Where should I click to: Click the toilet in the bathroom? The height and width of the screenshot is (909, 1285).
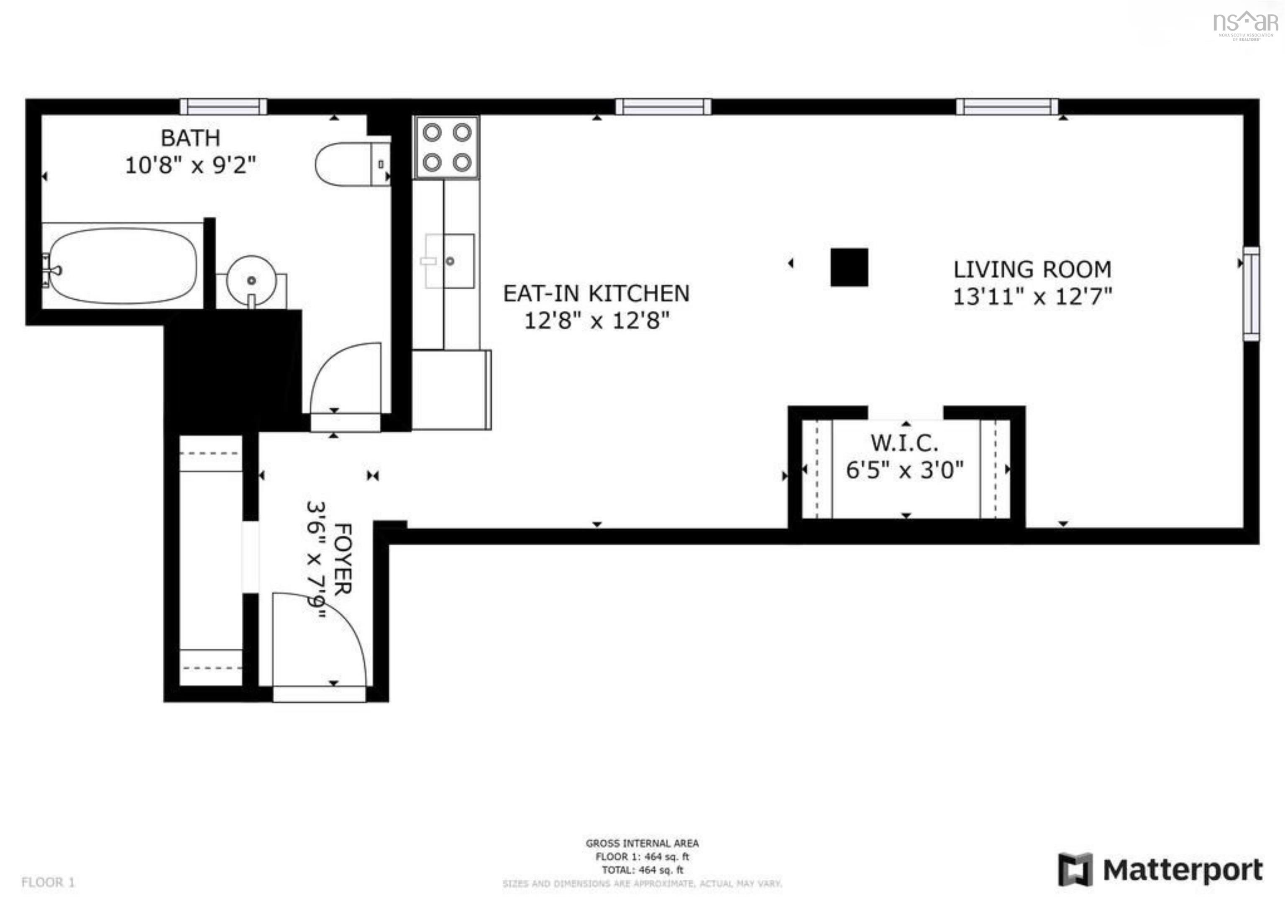(353, 164)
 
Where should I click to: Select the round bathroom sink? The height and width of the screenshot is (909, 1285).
(251, 280)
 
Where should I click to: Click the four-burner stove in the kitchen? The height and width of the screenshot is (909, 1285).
(447, 147)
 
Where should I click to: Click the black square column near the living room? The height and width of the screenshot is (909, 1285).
(849, 267)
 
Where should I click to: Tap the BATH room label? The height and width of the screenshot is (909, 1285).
(190, 138)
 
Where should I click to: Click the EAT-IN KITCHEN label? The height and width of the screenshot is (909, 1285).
(596, 293)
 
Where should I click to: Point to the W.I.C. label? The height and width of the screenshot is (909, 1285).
(904, 443)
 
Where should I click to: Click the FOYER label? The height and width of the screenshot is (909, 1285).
(343, 559)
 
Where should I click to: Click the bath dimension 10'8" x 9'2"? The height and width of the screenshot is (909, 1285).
(190, 165)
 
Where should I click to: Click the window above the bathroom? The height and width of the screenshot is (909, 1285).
(223, 106)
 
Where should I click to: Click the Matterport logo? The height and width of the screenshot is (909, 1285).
(1160, 870)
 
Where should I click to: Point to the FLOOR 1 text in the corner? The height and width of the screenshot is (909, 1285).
(48, 882)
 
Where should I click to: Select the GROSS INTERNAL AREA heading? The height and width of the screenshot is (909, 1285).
(642, 843)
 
